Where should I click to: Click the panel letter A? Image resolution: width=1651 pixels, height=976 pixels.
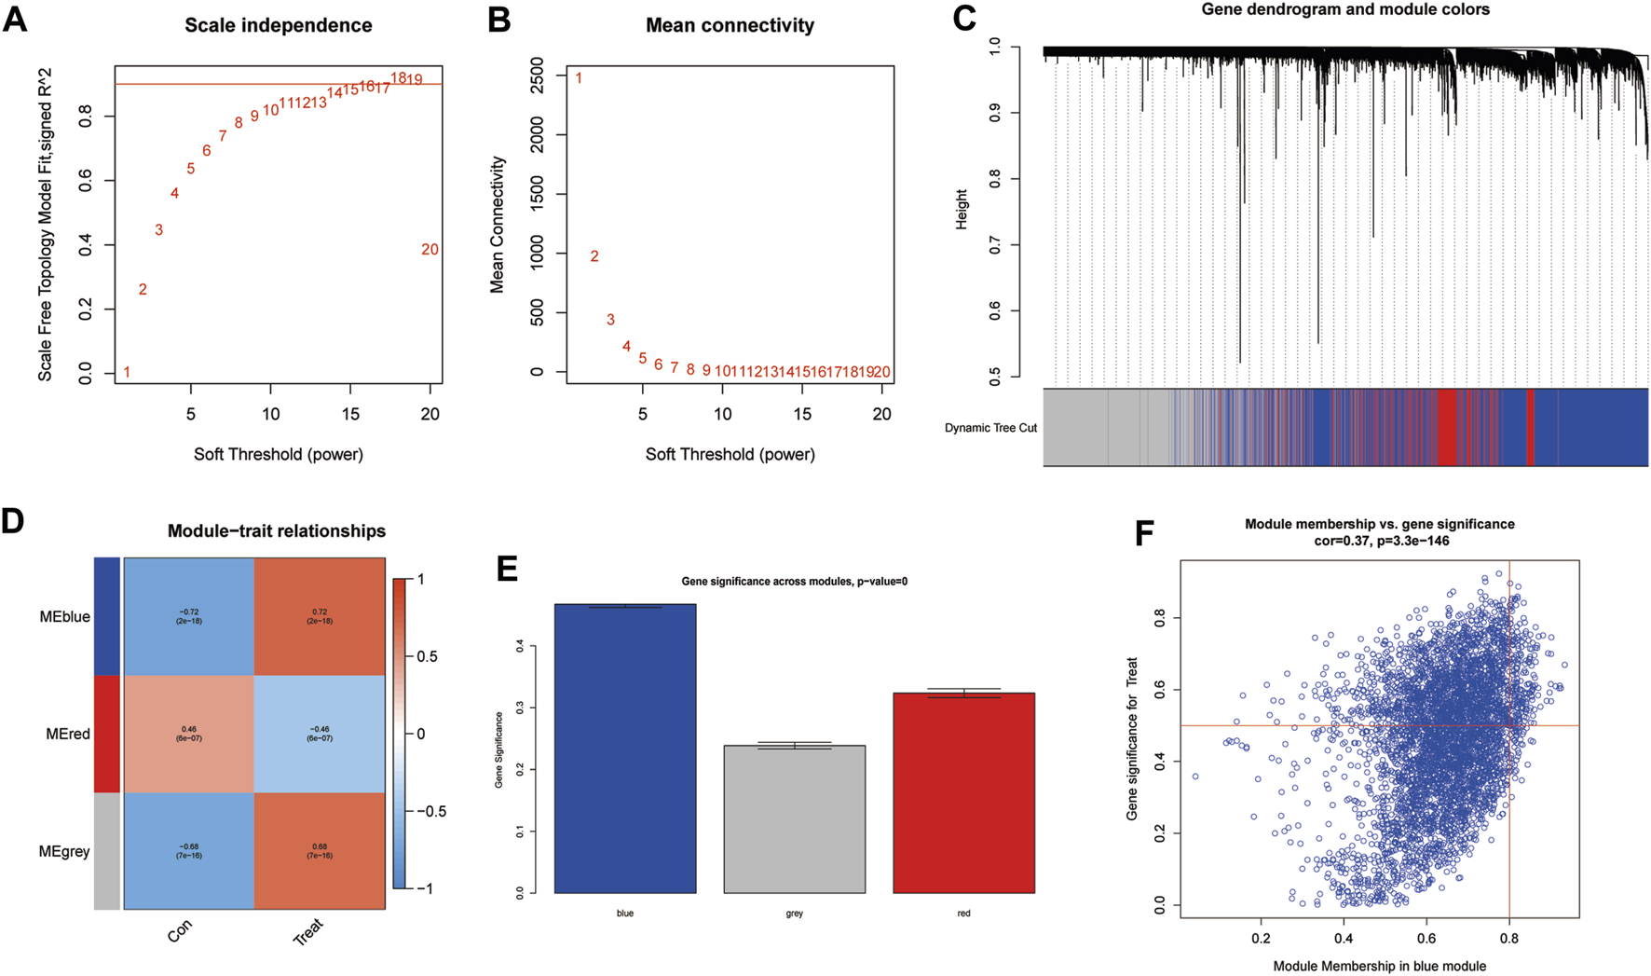pyautogui.click(x=15, y=20)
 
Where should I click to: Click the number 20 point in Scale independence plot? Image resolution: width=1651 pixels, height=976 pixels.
pyautogui.click(x=430, y=250)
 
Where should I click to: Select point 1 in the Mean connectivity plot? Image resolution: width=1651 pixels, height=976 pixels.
pyautogui.click(x=579, y=78)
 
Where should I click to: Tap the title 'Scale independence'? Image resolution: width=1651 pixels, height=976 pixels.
pyautogui.click(x=278, y=25)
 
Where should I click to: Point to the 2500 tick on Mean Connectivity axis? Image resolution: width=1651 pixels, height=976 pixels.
pyautogui.click(x=537, y=76)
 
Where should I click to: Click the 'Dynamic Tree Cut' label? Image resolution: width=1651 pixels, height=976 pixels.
pyautogui.click(x=990, y=428)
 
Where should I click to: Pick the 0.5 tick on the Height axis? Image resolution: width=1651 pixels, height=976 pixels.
pyautogui.click(x=994, y=377)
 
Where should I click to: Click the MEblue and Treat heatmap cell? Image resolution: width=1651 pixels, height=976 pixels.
pyautogui.click(x=320, y=616)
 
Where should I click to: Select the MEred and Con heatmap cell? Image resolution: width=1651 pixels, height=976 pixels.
pyautogui.click(x=189, y=734)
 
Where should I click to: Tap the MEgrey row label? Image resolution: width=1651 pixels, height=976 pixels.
pyautogui.click(x=64, y=851)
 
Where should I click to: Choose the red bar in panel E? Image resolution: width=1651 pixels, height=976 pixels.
pyautogui.click(x=963, y=792)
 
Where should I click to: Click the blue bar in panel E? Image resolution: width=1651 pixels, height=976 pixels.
pyautogui.click(x=624, y=749)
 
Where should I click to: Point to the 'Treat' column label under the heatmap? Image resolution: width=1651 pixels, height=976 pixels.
pyautogui.click(x=308, y=931)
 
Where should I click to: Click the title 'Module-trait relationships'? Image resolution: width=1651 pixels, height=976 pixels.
pyautogui.click(x=277, y=531)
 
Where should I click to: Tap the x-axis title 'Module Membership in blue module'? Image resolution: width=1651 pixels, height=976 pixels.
pyautogui.click(x=1379, y=966)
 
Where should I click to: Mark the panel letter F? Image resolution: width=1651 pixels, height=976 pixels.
pyautogui.click(x=1145, y=535)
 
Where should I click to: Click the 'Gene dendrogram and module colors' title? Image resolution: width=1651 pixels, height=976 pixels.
pyautogui.click(x=1345, y=10)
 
